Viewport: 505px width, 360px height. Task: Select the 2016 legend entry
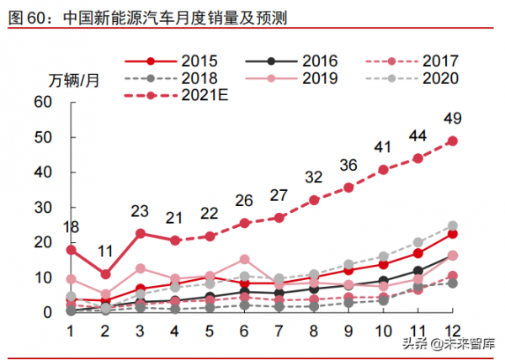pos(291,61)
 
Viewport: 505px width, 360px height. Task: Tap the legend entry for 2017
pos(412,61)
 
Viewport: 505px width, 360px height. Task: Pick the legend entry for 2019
pos(291,79)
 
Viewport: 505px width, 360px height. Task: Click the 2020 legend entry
pos(412,79)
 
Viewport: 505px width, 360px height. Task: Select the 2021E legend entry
pos(177,98)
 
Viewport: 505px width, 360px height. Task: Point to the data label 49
pos(452,118)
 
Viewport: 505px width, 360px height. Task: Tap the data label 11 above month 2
pos(105,251)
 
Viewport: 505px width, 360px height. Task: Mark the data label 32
pos(314,177)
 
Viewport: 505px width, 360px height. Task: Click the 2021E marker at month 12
pos(452,140)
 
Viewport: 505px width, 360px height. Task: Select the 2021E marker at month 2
pos(105,274)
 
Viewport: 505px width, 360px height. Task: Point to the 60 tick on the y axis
pos(44,102)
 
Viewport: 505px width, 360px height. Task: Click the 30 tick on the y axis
pos(44,207)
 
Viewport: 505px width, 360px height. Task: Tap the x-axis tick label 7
pos(279,330)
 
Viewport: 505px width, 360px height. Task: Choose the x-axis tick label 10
pos(383,330)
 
